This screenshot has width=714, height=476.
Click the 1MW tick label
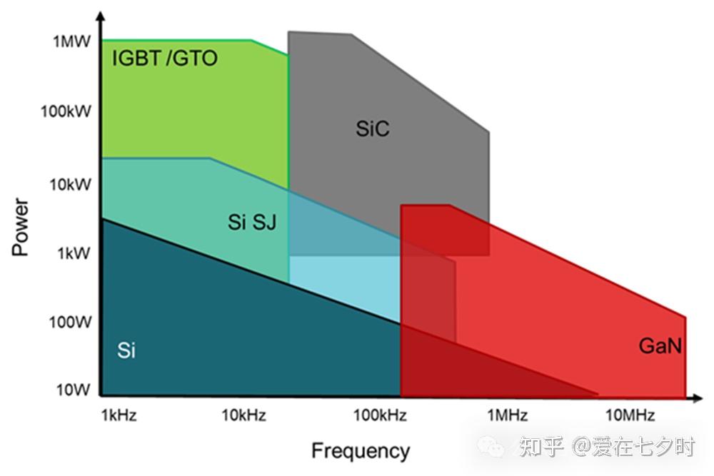(72, 41)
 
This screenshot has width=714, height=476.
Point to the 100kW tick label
(66, 111)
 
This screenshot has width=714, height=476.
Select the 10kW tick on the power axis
(70, 184)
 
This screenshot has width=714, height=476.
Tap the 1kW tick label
(74, 253)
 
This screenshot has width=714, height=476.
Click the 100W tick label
(70, 322)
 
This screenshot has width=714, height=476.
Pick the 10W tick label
(73, 390)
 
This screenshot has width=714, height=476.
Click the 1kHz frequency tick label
(119, 415)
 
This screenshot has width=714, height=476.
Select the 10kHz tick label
(243, 415)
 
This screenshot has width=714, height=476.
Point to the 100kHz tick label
(381, 415)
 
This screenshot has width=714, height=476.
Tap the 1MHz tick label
(507, 415)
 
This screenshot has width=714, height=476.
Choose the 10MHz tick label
(630, 415)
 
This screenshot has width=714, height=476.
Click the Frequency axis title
(361, 451)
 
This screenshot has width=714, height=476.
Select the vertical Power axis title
(20, 227)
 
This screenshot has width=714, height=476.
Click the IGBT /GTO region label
(165, 59)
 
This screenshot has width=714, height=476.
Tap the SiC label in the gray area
(373, 128)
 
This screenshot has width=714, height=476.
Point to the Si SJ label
(252, 222)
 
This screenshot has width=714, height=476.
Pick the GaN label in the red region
(660, 346)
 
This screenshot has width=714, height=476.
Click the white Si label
(126, 350)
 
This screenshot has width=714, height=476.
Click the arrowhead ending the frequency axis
(698, 398)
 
